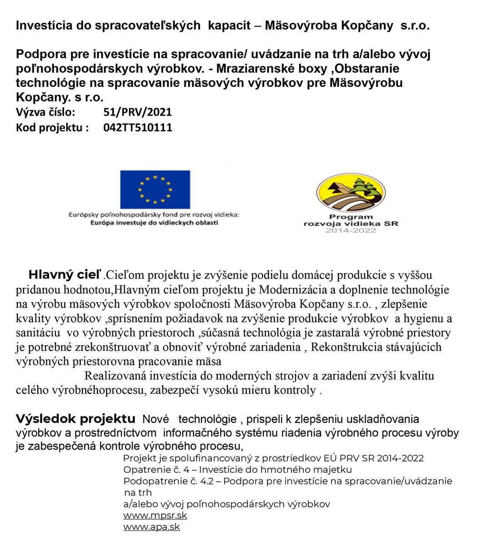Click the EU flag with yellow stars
pos(155,189)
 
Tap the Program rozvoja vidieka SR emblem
pos(351,193)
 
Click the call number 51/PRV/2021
pos(138,112)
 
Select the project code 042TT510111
pos(138,127)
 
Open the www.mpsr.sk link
pos(155,516)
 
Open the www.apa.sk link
pos(151,527)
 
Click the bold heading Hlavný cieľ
pos(65,275)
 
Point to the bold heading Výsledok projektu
pos(76,419)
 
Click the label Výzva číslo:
pos(46,112)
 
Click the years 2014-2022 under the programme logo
pos(351,231)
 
